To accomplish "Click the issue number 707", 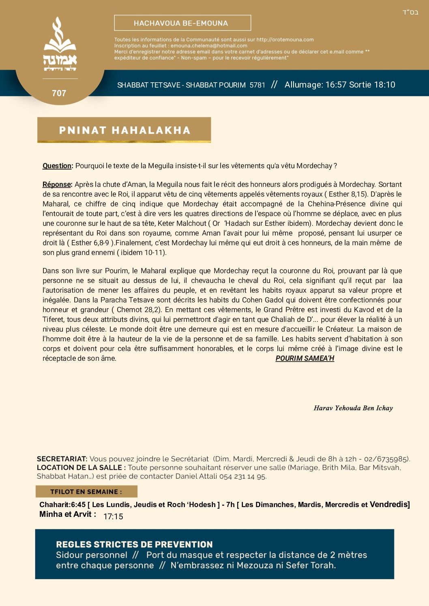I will click(x=59, y=93).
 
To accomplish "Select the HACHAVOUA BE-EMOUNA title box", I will click(x=182, y=23).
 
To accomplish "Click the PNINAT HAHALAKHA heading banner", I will click(x=124, y=130).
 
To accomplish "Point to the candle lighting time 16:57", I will click(x=336, y=85).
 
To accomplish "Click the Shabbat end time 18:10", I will click(x=384, y=85).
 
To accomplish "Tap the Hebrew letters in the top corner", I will click(x=410, y=13).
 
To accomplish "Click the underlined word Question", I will click(x=57, y=166).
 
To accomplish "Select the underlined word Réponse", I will click(x=57, y=184).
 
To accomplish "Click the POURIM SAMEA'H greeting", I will click(x=305, y=358).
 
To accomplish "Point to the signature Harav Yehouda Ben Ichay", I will click(x=353, y=408).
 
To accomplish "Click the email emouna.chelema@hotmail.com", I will click(x=209, y=46).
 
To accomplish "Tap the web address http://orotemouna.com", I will click(x=285, y=40).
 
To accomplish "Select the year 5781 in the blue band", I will click(x=257, y=85).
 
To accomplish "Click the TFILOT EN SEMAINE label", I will click(x=86, y=492).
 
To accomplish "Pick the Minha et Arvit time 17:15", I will click(x=113, y=516).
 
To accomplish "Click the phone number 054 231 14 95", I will click(x=242, y=476).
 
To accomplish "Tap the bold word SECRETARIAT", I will click(x=62, y=459).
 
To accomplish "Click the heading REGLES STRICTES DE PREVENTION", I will click(x=134, y=544).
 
